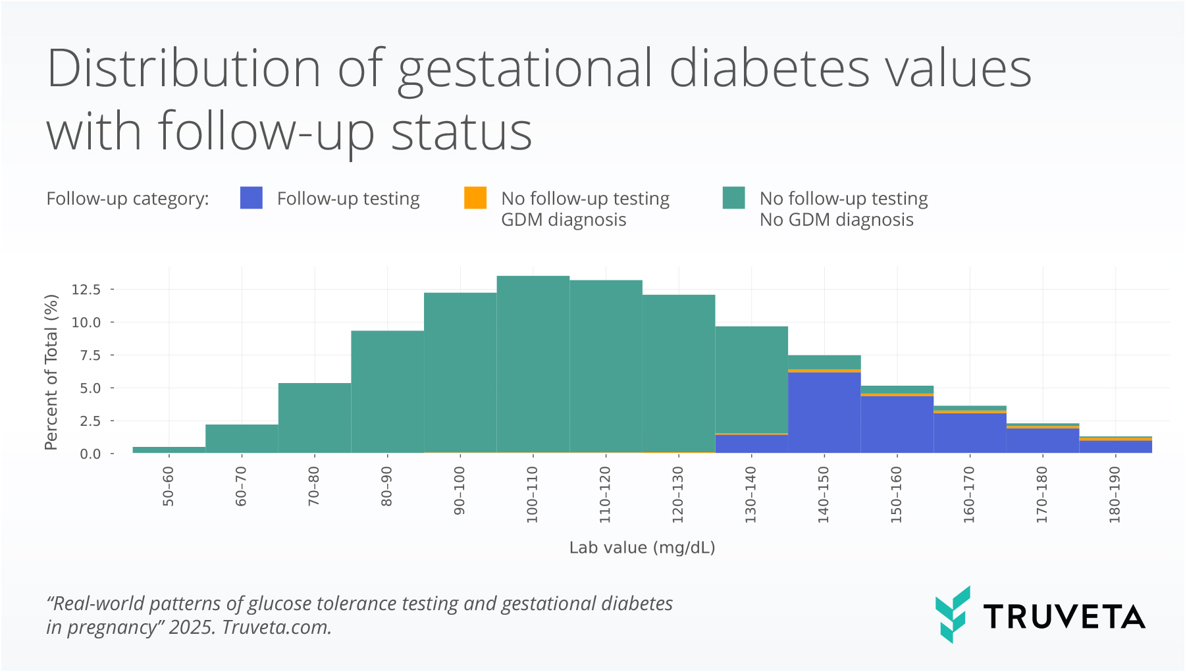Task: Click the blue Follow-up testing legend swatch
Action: (x=251, y=197)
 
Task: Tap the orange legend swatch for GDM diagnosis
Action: (x=475, y=197)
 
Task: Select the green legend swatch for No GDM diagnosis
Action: (x=733, y=197)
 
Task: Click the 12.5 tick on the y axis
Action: (x=86, y=290)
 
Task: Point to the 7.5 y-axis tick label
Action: (x=90, y=355)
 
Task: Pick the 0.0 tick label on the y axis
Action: (x=90, y=454)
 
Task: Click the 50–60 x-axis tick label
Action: (x=169, y=486)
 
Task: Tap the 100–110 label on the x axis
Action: (x=533, y=494)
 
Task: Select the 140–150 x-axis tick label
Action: (x=824, y=494)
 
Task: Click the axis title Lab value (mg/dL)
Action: (x=642, y=548)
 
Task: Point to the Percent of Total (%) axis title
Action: (x=51, y=372)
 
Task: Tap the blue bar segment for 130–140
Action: (x=751, y=444)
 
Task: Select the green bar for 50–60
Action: (x=169, y=450)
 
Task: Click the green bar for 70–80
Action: (x=315, y=418)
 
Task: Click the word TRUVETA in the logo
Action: (x=1064, y=617)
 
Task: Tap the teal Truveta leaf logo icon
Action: (x=952, y=614)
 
